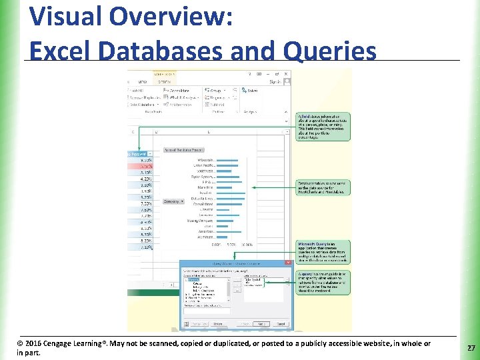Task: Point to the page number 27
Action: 471,348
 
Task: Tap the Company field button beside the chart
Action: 174,201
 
